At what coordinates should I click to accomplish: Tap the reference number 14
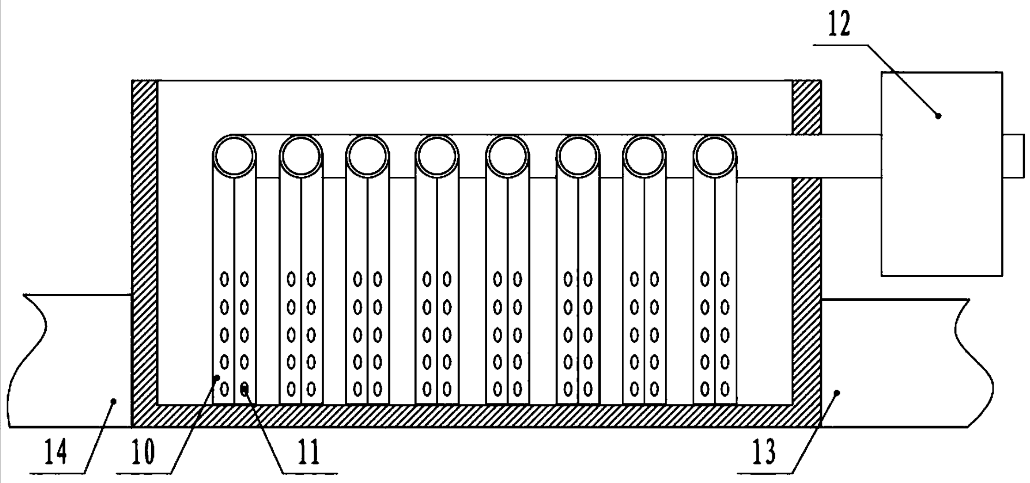pyautogui.click(x=55, y=452)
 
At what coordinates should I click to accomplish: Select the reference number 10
pyautogui.click(x=143, y=452)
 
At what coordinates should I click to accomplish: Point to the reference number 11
pyautogui.click(x=308, y=452)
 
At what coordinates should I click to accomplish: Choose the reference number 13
pyautogui.click(x=764, y=452)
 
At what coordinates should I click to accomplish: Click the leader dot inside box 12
pyautogui.click(x=938, y=116)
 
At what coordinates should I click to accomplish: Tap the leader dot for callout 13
pyautogui.click(x=836, y=393)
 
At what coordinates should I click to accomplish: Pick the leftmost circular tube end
pyautogui.click(x=234, y=156)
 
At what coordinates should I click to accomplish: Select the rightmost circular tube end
pyautogui.click(x=715, y=156)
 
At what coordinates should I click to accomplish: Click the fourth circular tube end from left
pyautogui.click(x=437, y=156)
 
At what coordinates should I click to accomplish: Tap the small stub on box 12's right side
pyautogui.click(x=1013, y=156)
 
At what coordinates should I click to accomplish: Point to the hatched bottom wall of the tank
pyautogui.click(x=476, y=415)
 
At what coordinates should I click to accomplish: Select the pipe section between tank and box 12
pyautogui.click(x=851, y=156)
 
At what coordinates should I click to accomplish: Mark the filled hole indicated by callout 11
pyautogui.click(x=245, y=388)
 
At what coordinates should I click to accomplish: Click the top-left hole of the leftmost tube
pyautogui.click(x=224, y=279)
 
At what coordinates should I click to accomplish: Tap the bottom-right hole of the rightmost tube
pyautogui.click(x=725, y=389)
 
